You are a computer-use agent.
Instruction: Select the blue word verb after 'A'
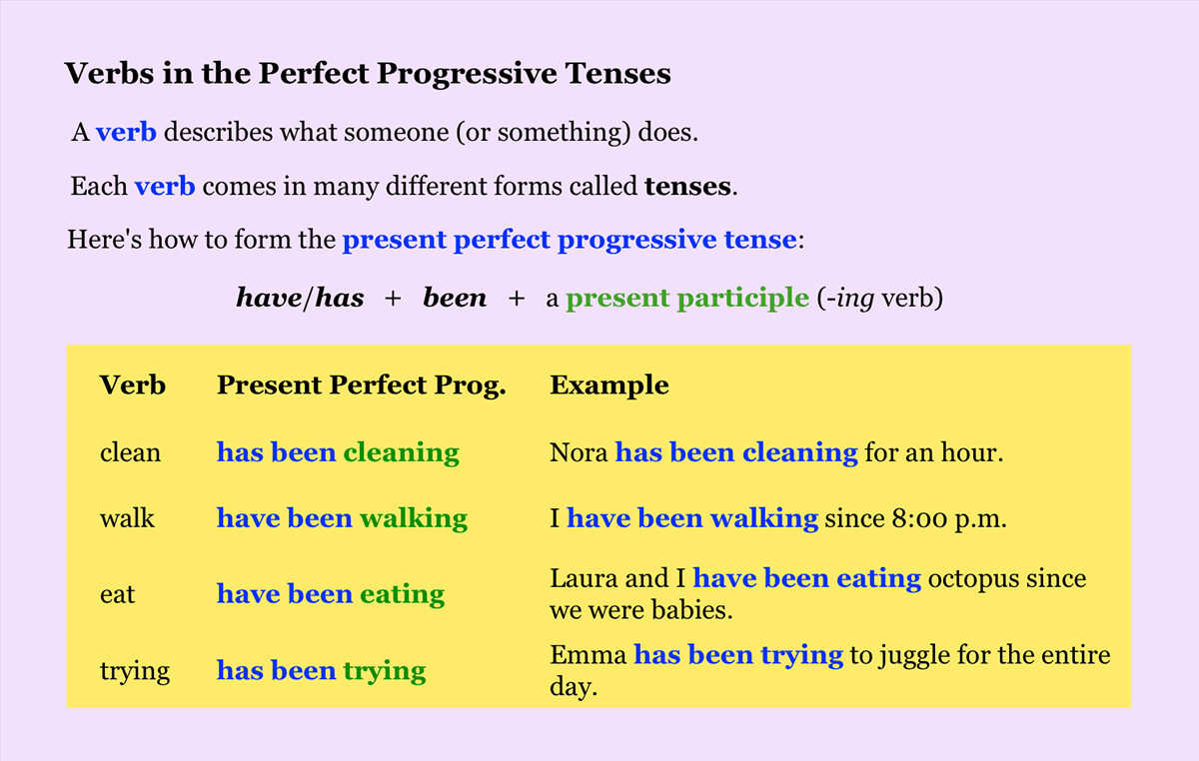tap(126, 132)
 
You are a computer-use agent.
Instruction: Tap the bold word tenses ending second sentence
tap(688, 186)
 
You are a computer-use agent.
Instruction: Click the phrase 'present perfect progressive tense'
tap(569, 240)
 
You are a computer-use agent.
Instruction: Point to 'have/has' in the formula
tap(300, 298)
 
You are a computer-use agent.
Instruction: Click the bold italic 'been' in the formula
tap(455, 298)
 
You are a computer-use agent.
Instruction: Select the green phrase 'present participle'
tap(686, 298)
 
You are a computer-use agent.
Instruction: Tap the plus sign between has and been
tap(393, 298)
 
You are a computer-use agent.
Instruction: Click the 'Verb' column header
tap(133, 385)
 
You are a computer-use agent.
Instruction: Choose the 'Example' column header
tap(608, 385)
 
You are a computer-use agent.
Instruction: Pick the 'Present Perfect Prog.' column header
tap(361, 385)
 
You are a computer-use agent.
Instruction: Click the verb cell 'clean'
tap(130, 452)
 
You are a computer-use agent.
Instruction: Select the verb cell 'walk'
tap(127, 518)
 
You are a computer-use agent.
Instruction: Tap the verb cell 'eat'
tap(117, 594)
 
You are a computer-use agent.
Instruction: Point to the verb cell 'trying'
tap(135, 670)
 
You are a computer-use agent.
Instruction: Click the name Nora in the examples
tap(579, 452)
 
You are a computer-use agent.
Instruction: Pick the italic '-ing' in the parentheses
tap(844, 298)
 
